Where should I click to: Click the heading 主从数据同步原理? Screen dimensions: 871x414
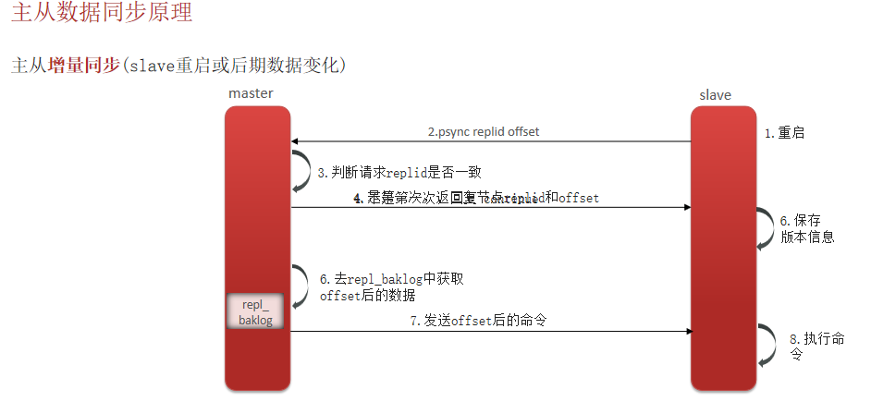click(103, 15)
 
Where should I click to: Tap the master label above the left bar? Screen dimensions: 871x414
click(251, 93)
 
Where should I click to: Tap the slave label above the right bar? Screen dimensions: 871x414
click(715, 94)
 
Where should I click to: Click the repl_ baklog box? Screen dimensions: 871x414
click(254, 312)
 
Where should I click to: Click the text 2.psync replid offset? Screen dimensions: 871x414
click(483, 131)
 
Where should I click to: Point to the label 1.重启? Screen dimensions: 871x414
click(784, 133)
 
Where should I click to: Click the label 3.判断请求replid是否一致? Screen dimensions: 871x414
click(399, 173)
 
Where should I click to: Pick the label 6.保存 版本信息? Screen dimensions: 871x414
click(806, 228)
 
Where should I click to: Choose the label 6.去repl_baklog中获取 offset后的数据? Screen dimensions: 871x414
click(398, 286)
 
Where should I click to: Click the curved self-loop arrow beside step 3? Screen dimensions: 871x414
click(302, 172)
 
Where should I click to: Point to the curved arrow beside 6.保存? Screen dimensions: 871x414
click(765, 227)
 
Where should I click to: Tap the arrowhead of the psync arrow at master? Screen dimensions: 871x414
click(297, 141)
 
